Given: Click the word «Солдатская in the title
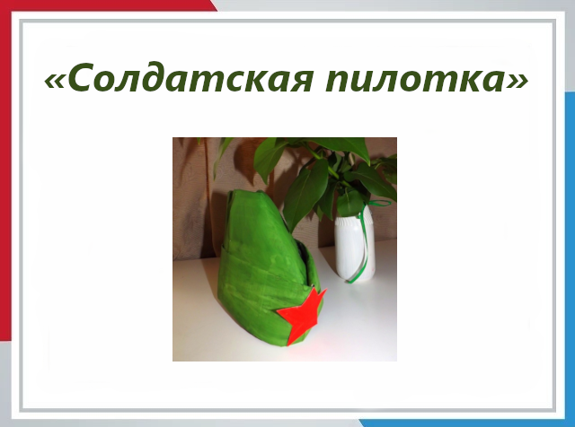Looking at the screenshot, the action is (x=179, y=78).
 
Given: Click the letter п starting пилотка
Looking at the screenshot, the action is (x=338, y=81).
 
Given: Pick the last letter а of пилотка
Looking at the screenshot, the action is (x=492, y=81).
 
